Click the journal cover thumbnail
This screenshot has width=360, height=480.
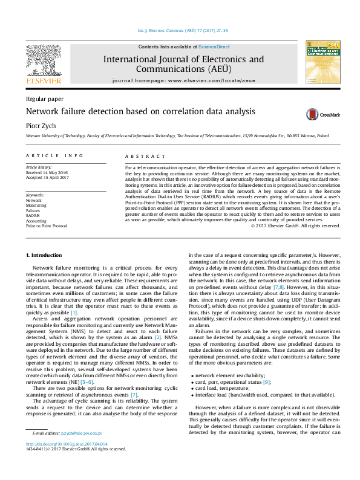point(321,62)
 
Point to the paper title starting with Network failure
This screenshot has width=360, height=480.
point(132,112)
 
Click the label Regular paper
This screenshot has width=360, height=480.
point(44,98)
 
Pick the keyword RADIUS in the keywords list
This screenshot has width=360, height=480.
point(33,215)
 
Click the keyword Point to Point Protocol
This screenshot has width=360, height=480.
point(46,225)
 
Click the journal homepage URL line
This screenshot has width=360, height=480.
point(183,80)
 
